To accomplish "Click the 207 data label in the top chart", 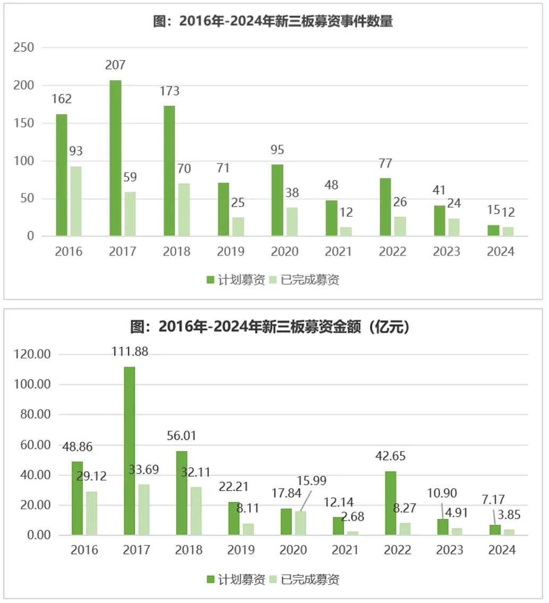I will click(115, 65).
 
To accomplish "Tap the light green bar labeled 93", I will click(76, 201).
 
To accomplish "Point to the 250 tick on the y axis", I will click(23, 48).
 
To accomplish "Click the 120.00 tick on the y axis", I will click(32, 354).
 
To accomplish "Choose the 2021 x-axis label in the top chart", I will click(338, 251).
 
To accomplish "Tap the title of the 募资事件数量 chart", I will click(273, 22).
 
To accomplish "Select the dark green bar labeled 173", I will click(169, 171).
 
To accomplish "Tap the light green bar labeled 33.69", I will click(144, 509).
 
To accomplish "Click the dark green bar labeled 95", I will click(277, 200).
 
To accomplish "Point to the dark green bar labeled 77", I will click(385, 207).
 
